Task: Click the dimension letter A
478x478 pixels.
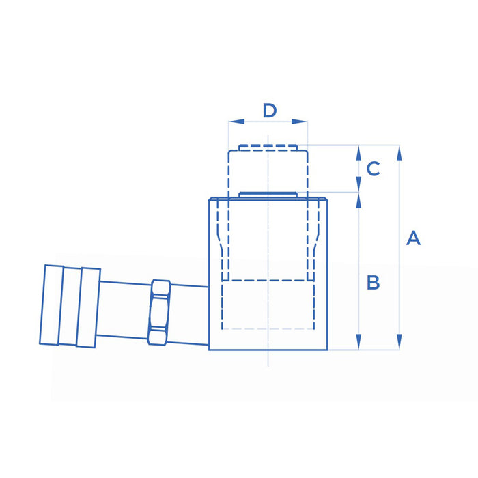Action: pyautogui.click(x=413, y=238)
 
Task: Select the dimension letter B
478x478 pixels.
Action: pyautogui.click(x=373, y=282)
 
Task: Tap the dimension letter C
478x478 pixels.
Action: pyautogui.click(x=373, y=169)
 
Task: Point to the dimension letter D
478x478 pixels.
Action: pyautogui.click(x=270, y=111)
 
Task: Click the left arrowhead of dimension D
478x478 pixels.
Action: pyautogui.click(x=236, y=122)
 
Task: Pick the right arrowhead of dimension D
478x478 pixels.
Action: pyautogui.click(x=299, y=122)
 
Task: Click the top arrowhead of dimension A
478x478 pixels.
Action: pyautogui.click(x=399, y=153)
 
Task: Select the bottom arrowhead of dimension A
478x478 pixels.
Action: pyautogui.click(x=399, y=341)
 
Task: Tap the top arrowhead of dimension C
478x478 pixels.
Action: pyautogui.click(x=358, y=153)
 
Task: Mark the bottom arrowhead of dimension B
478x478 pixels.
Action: pyautogui.click(x=358, y=341)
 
